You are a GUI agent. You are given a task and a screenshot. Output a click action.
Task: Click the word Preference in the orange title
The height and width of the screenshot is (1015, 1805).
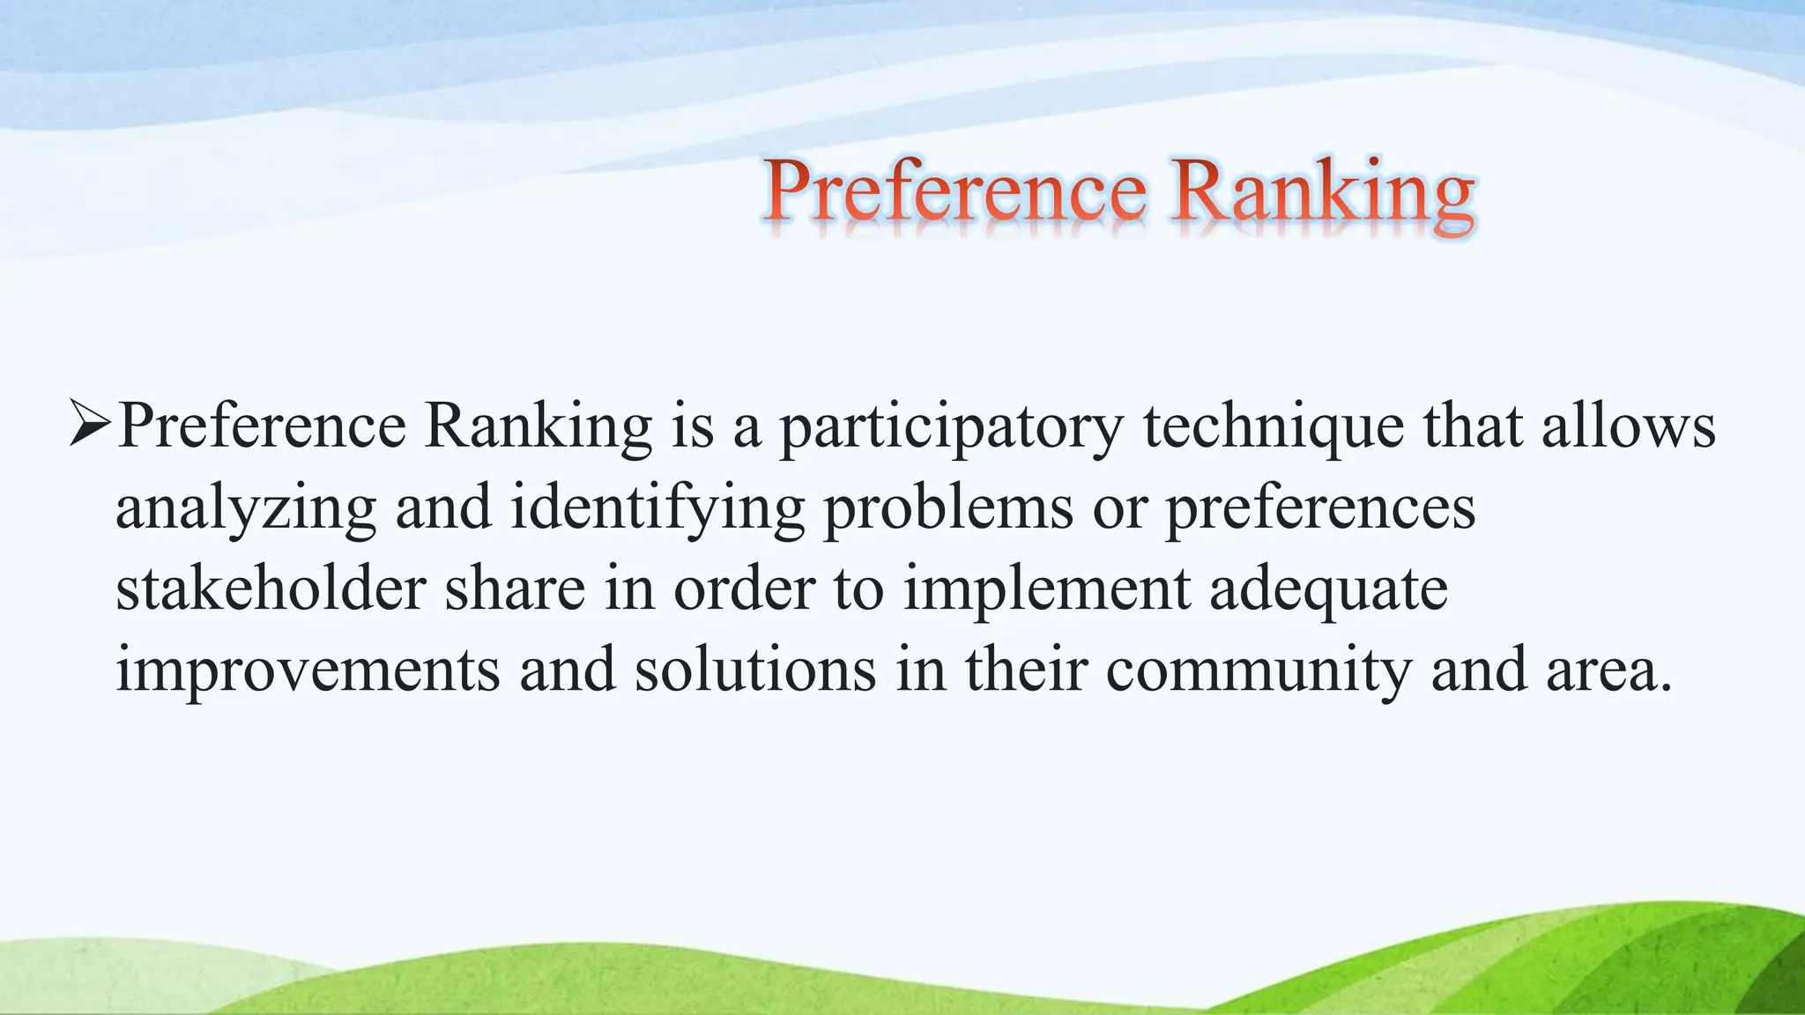click(x=954, y=192)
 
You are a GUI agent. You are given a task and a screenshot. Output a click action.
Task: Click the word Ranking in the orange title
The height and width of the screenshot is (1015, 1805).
click(x=1322, y=192)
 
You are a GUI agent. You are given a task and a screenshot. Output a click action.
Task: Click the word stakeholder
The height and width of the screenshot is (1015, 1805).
click(x=271, y=589)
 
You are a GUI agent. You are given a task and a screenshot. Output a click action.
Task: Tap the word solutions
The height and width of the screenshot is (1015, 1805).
click(x=755, y=670)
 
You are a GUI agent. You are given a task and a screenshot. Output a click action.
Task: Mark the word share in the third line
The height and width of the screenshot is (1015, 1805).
click(x=515, y=589)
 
